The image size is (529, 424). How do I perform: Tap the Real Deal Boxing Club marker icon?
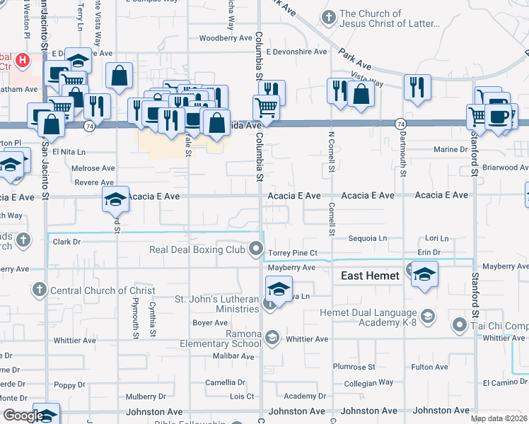coord(256,249)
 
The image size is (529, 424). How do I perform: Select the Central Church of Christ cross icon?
coord(39,290)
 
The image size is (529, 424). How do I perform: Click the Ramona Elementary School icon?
coord(272,338)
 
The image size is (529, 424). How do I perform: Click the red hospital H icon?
coord(23,60)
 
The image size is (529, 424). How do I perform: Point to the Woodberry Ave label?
coord(226,38)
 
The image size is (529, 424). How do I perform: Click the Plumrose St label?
coord(354,367)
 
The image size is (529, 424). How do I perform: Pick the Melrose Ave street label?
coord(93,168)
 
